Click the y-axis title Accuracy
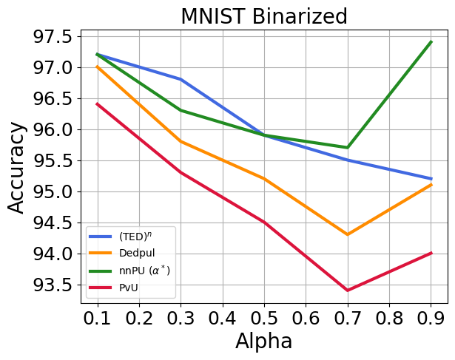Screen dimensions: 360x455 (x=18, y=168)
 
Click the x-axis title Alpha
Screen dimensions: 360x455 (x=263, y=342)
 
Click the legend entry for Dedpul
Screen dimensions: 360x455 (x=132, y=254)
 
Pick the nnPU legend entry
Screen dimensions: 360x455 (x=141, y=270)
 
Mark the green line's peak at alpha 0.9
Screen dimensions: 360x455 (x=430, y=42)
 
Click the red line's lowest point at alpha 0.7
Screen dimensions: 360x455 (x=347, y=290)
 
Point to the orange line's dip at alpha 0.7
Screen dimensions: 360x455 (x=347, y=234)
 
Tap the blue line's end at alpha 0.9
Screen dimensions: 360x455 (x=430, y=179)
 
